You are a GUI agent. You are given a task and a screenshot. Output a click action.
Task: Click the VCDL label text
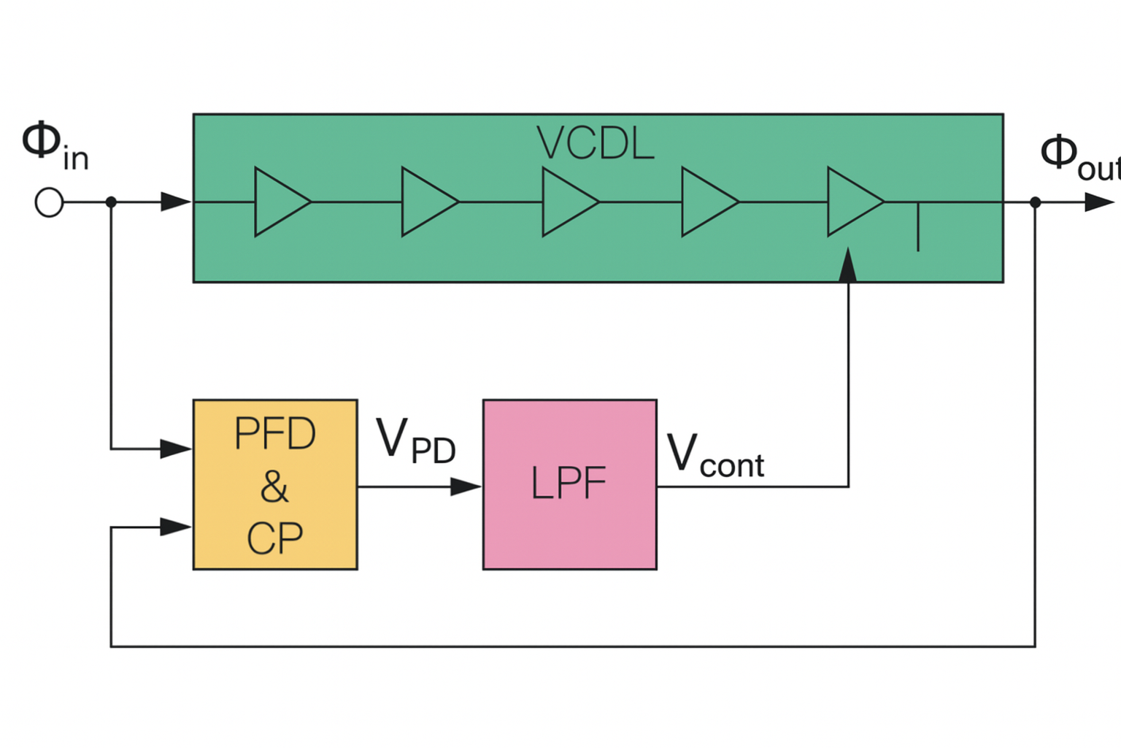click(x=595, y=143)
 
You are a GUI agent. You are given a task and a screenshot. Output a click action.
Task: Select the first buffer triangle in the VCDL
click(x=280, y=202)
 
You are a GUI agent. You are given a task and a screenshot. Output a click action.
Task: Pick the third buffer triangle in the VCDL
click(x=567, y=202)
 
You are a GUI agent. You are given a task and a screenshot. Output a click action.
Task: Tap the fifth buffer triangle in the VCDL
click(x=852, y=202)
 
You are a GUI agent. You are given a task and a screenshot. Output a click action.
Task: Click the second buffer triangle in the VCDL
click(x=427, y=202)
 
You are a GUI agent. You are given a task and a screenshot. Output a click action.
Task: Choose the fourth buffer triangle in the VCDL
click(x=706, y=202)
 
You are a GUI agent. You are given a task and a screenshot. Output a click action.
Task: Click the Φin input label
click(x=55, y=147)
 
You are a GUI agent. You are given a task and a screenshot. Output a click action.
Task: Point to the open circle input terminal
click(x=49, y=202)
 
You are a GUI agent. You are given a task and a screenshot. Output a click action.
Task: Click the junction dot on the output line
click(x=1035, y=202)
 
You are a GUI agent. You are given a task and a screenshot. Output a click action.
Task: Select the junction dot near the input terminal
click(x=111, y=202)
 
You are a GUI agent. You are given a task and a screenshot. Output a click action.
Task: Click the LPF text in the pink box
click(x=569, y=484)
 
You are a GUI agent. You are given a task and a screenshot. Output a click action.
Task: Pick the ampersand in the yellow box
click(x=274, y=486)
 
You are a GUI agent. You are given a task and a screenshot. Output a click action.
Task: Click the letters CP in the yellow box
click(x=274, y=539)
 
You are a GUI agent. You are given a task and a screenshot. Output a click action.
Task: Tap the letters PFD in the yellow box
click(x=274, y=434)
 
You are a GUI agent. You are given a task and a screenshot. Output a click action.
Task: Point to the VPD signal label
click(x=415, y=441)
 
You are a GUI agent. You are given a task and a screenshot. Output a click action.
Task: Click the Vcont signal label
click(x=715, y=456)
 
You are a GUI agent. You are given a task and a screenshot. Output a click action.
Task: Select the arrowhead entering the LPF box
click(x=466, y=486)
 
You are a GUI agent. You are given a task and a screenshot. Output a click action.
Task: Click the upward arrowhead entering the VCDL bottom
click(x=848, y=265)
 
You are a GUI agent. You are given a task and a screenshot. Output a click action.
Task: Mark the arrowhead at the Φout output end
click(x=1098, y=202)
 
